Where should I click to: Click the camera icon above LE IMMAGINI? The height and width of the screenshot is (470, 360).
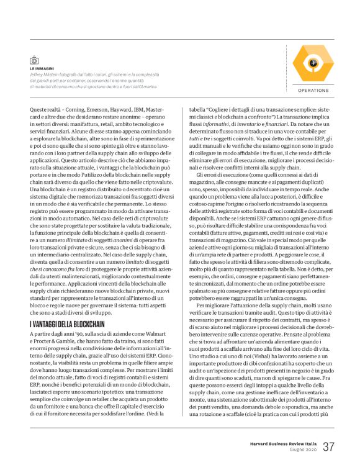[34, 60]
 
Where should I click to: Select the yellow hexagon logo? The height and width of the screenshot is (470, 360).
[313, 63]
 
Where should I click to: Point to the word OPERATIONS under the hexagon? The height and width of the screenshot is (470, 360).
[313, 91]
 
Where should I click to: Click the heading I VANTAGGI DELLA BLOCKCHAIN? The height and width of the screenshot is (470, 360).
[67, 325]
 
